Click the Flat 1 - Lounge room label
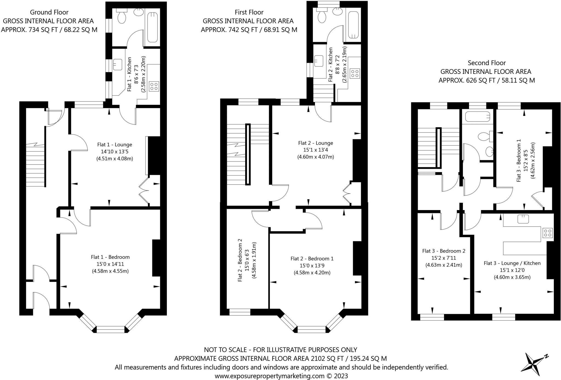click(x=115, y=145)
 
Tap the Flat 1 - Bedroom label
click(x=110, y=257)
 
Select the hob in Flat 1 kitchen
click(x=154, y=86)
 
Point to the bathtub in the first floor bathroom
click(x=353, y=25)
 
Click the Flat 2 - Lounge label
click(x=316, y=143)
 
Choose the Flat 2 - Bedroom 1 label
click(x=312, y=259)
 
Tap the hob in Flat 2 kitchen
click(x=355, y=73)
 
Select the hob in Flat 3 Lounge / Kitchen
click(x=548, y=233)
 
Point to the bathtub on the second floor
click(x=477, y=117)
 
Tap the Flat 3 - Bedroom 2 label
click(x=444, y=251)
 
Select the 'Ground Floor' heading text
click(x=49, y=12)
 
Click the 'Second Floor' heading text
click(x=486, y=63)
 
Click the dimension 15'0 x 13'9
click(x=312, y=266)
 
